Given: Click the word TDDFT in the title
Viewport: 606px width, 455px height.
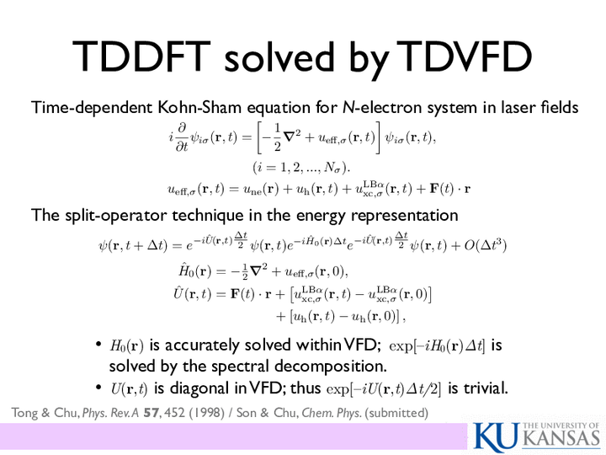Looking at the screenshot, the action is (141, 56).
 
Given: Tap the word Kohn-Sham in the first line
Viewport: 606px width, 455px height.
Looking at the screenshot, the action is (199, 107).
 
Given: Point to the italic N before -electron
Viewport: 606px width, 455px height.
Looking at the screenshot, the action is (348, 107).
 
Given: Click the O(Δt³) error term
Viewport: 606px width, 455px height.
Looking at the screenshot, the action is (486, 245).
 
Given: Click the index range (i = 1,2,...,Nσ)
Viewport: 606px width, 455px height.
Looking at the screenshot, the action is (301, 167).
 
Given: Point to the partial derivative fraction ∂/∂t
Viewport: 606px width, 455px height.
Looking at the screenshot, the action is (182, 137).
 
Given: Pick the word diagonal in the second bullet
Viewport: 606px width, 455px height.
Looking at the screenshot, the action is (200, 388).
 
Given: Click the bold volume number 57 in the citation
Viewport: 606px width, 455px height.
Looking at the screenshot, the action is (151, 413).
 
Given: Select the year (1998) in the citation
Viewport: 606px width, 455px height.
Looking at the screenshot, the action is (207, 413).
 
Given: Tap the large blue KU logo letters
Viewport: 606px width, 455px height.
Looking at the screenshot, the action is (497, 437).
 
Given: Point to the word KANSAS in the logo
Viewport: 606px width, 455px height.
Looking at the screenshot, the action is (562, 439).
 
